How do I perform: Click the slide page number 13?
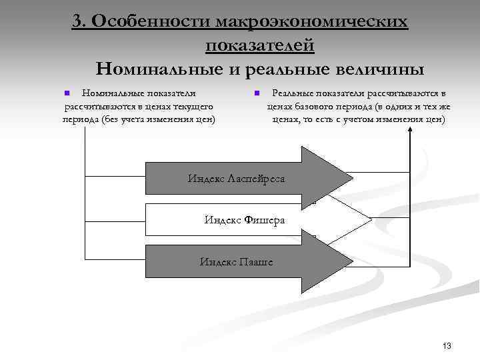447,345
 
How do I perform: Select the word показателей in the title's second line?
260,45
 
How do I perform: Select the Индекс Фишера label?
245,219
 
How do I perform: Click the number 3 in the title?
78,21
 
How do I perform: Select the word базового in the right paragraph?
310,107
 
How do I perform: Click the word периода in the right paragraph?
351,107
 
